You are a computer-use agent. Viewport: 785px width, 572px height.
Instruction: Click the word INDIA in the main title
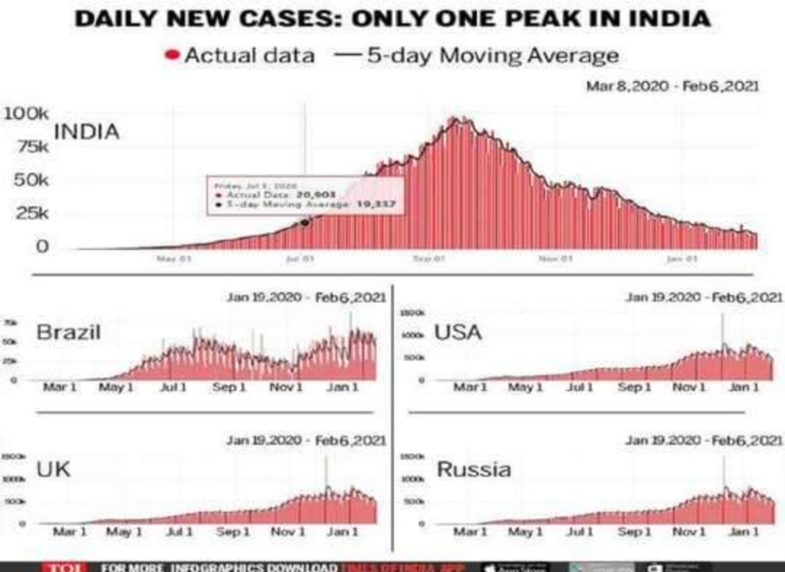tap(666, 18)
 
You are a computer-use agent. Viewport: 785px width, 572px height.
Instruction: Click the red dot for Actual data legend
tap(172, 56)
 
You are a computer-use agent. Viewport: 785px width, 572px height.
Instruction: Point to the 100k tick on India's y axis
tap(27, 114)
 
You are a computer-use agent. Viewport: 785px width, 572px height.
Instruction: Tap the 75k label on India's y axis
tap(32, 147)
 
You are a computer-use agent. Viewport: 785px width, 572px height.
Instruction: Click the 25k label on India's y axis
tap(32, 213)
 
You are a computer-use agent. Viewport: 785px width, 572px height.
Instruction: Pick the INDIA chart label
tap(87, 132)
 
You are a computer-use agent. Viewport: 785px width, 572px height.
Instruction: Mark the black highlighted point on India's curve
tap(305, 222)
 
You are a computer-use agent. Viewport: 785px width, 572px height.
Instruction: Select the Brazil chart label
tap(68, 333)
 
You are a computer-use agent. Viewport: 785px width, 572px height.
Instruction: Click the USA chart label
tap(458, 333)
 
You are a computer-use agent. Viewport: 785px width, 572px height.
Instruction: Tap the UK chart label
tap(53, 468)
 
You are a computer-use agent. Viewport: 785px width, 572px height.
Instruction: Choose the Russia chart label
tap(473, 468)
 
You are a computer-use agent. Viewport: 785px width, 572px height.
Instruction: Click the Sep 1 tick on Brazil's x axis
tap(229, 388)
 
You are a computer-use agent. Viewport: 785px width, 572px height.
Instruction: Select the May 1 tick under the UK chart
tap(119, 531)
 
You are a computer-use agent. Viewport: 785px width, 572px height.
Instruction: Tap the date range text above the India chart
tap(672, 87)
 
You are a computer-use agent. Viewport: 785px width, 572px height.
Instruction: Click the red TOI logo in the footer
tap(58, 567)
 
